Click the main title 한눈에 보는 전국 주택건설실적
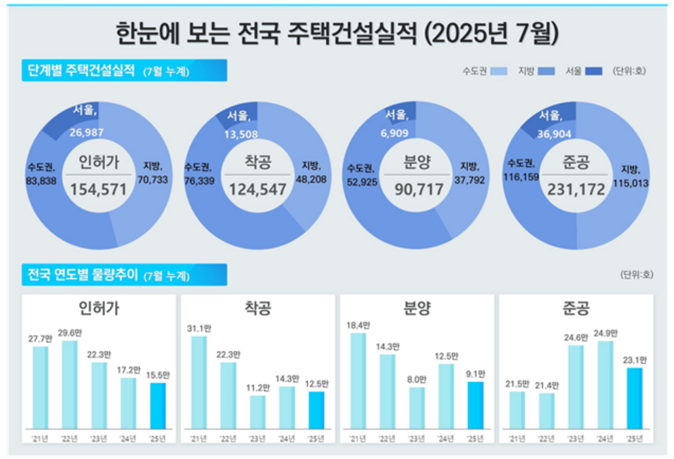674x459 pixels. click(x=337, y=33)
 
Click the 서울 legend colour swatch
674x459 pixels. click(x=594, y=71)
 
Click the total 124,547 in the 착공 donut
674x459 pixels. click(x=257, y=189)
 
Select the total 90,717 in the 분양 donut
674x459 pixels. click(x=419, y=189)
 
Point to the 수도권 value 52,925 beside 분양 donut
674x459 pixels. click(x=361, y=181)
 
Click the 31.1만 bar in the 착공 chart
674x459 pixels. click(x=199, y=382)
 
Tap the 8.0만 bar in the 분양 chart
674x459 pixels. click(x=417, y=407)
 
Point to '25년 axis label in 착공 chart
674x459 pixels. click(x=317, y=439)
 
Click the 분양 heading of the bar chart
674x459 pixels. click(x=417, y=309)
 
